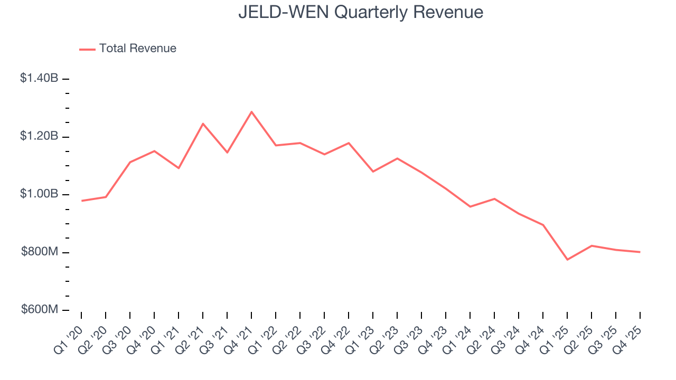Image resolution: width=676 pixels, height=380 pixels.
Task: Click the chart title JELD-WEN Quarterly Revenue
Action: [361, 12]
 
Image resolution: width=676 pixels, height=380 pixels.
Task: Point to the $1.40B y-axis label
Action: [39, 78]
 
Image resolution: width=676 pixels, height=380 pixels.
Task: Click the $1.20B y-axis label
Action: [39, 136]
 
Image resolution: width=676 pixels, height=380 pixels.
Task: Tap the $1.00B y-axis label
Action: [39, 194]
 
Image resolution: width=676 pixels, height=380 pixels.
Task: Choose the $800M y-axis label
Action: [40, 252]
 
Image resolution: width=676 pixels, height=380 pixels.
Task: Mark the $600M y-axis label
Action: [40, 310]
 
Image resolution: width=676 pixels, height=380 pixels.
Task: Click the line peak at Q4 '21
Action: [251, 112]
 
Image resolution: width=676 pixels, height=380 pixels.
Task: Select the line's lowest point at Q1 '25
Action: [567, 260]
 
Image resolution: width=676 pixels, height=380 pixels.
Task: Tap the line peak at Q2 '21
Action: [203, 123]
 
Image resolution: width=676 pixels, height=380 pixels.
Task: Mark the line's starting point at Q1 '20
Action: [81, 201]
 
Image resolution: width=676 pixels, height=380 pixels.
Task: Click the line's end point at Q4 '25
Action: [640, 252]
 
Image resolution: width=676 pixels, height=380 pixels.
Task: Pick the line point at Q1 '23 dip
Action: [373, 172]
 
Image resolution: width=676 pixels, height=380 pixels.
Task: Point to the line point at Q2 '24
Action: [494, 199]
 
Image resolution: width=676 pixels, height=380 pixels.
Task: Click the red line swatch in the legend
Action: [87, 49]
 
